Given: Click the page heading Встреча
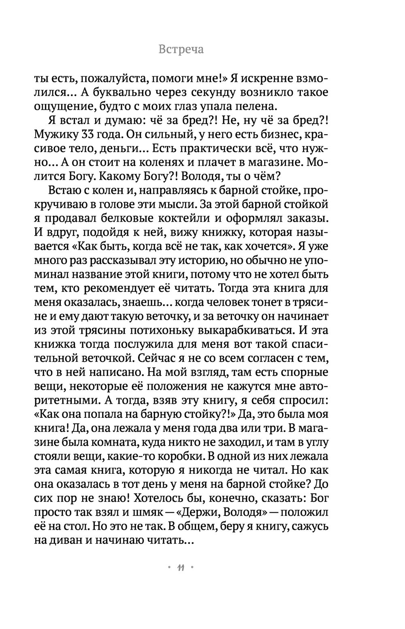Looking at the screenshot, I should [x=181, y=49].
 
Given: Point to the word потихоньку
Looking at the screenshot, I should [x=162, y=330].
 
